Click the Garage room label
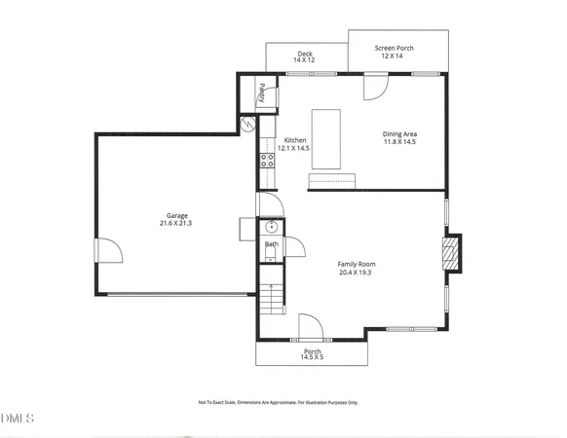(176, 215)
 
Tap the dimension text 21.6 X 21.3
(176, 223)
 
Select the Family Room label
(357, 264)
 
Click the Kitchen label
(295, 140)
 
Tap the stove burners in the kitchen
(265, 162)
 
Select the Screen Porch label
(397, 48)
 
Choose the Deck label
(305, 54)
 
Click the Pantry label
(262, 92)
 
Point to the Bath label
(271, 244)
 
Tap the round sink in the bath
(272, 230)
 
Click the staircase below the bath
(270, 296)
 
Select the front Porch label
(313, 351)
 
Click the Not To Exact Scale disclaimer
(279, 401)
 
